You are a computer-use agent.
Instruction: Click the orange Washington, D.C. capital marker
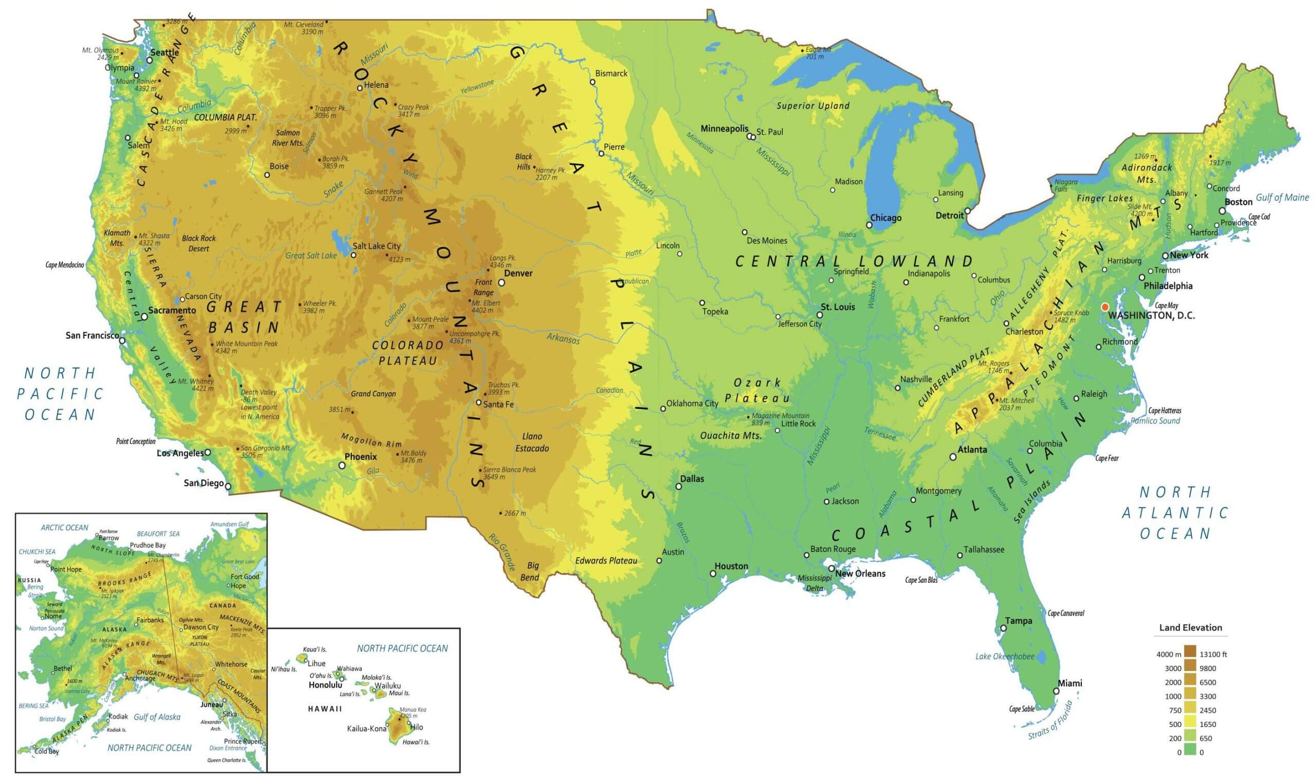pyautogui.click(x=1104, y=307)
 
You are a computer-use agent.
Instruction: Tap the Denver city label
pyautogui.click(x=518, y=273)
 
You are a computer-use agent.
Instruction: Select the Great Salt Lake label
pyautogui.click(x=311, y=256)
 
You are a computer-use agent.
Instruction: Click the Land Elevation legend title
pyautogui.click(x=1190, y=627)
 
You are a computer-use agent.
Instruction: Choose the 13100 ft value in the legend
pyautogui.click(x=1213, y=654)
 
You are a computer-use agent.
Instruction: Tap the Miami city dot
pyautogui.click(x=1056, y=691)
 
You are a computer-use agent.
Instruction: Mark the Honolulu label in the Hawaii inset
pyautogui.click(x=325, y=685)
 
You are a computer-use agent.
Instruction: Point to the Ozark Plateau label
pyautogui.click(x=757, y=390)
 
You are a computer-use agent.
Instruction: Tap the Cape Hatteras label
pyautogui.click(x=1164, y=411)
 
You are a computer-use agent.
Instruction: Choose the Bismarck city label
pyautogui.click(x=611, y=73)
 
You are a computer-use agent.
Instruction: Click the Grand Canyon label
pyautogui.click(x=373, y=394)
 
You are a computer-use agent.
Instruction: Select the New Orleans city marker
pyautogui.click(x=832, y=569)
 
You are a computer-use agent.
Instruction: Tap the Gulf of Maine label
pyautogui.click(x=1282, y=198)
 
